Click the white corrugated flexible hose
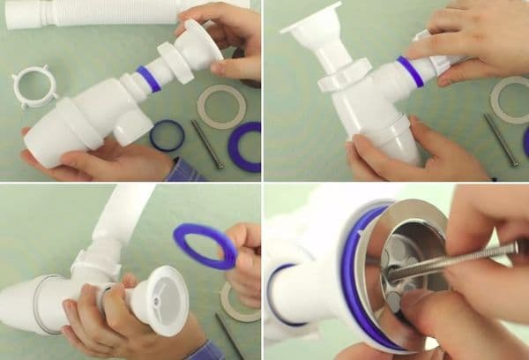point(88,15)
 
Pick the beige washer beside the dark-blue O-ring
point(221,107)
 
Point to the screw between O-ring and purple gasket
point(207,144)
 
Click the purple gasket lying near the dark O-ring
point(245,146)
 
